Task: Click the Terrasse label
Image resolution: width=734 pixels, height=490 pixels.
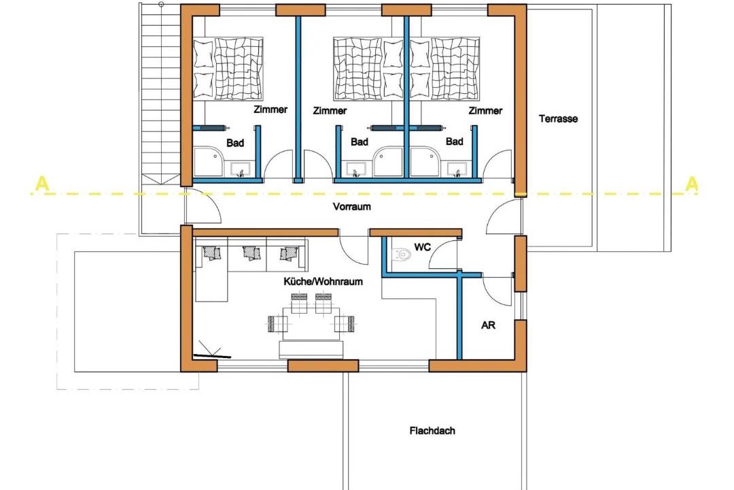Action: (558, 118)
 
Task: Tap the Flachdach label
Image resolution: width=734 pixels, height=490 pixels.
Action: (432, 430)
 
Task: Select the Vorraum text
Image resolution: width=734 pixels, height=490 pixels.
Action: (351, 206)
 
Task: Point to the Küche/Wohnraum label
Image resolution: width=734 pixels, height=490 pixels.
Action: (323, 281)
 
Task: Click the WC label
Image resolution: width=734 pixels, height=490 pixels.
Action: (422, 246)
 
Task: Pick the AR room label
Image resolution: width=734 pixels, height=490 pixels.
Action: (488, 325)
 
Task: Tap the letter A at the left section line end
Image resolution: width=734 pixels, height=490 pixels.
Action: (42, 184)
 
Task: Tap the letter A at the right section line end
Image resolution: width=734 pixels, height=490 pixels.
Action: (691, 184)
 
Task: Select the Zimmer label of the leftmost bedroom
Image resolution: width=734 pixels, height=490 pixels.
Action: (270, 110)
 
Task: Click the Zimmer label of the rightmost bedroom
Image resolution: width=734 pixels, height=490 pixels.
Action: (485, 111)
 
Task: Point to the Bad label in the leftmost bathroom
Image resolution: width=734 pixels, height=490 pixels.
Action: (235, 142)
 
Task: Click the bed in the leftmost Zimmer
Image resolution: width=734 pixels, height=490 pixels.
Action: (228, 69)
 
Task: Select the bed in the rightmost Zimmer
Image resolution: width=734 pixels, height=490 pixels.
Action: (444, 69)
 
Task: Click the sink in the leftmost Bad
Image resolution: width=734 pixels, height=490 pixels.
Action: (240, 169)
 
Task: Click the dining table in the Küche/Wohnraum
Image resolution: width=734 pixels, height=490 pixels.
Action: (311, 323)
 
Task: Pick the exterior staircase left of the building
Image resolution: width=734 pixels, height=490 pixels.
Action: (160, 94)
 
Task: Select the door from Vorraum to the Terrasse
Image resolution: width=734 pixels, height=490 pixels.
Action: (504, 216)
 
